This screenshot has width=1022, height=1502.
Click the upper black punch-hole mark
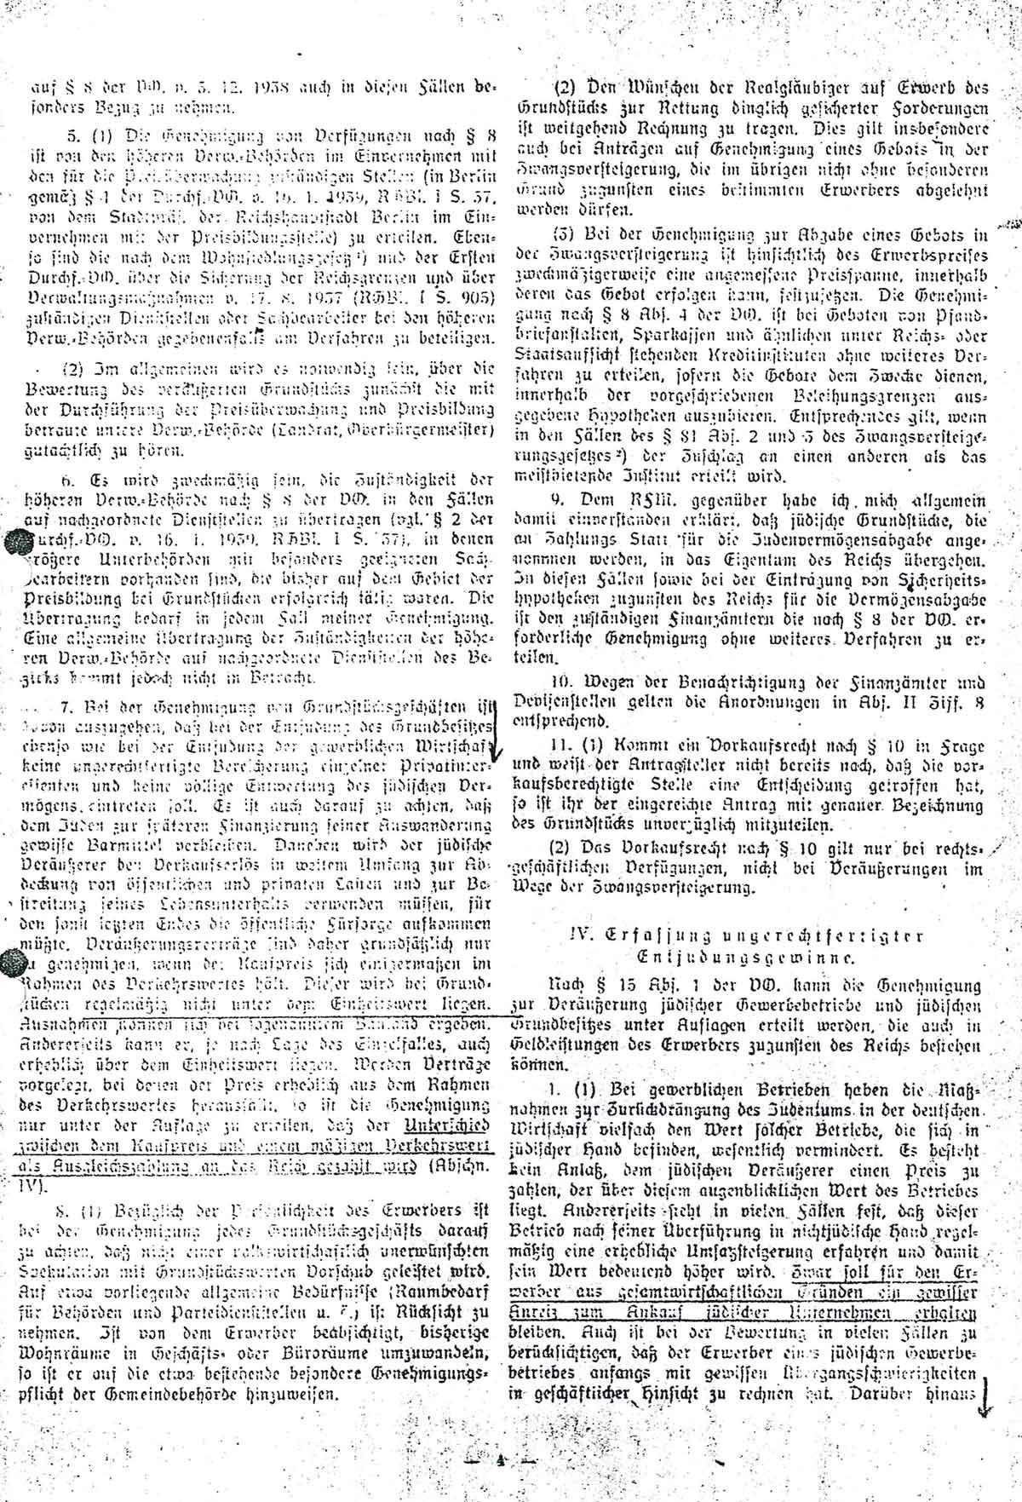16,543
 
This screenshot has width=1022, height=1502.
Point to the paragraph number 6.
52,485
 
